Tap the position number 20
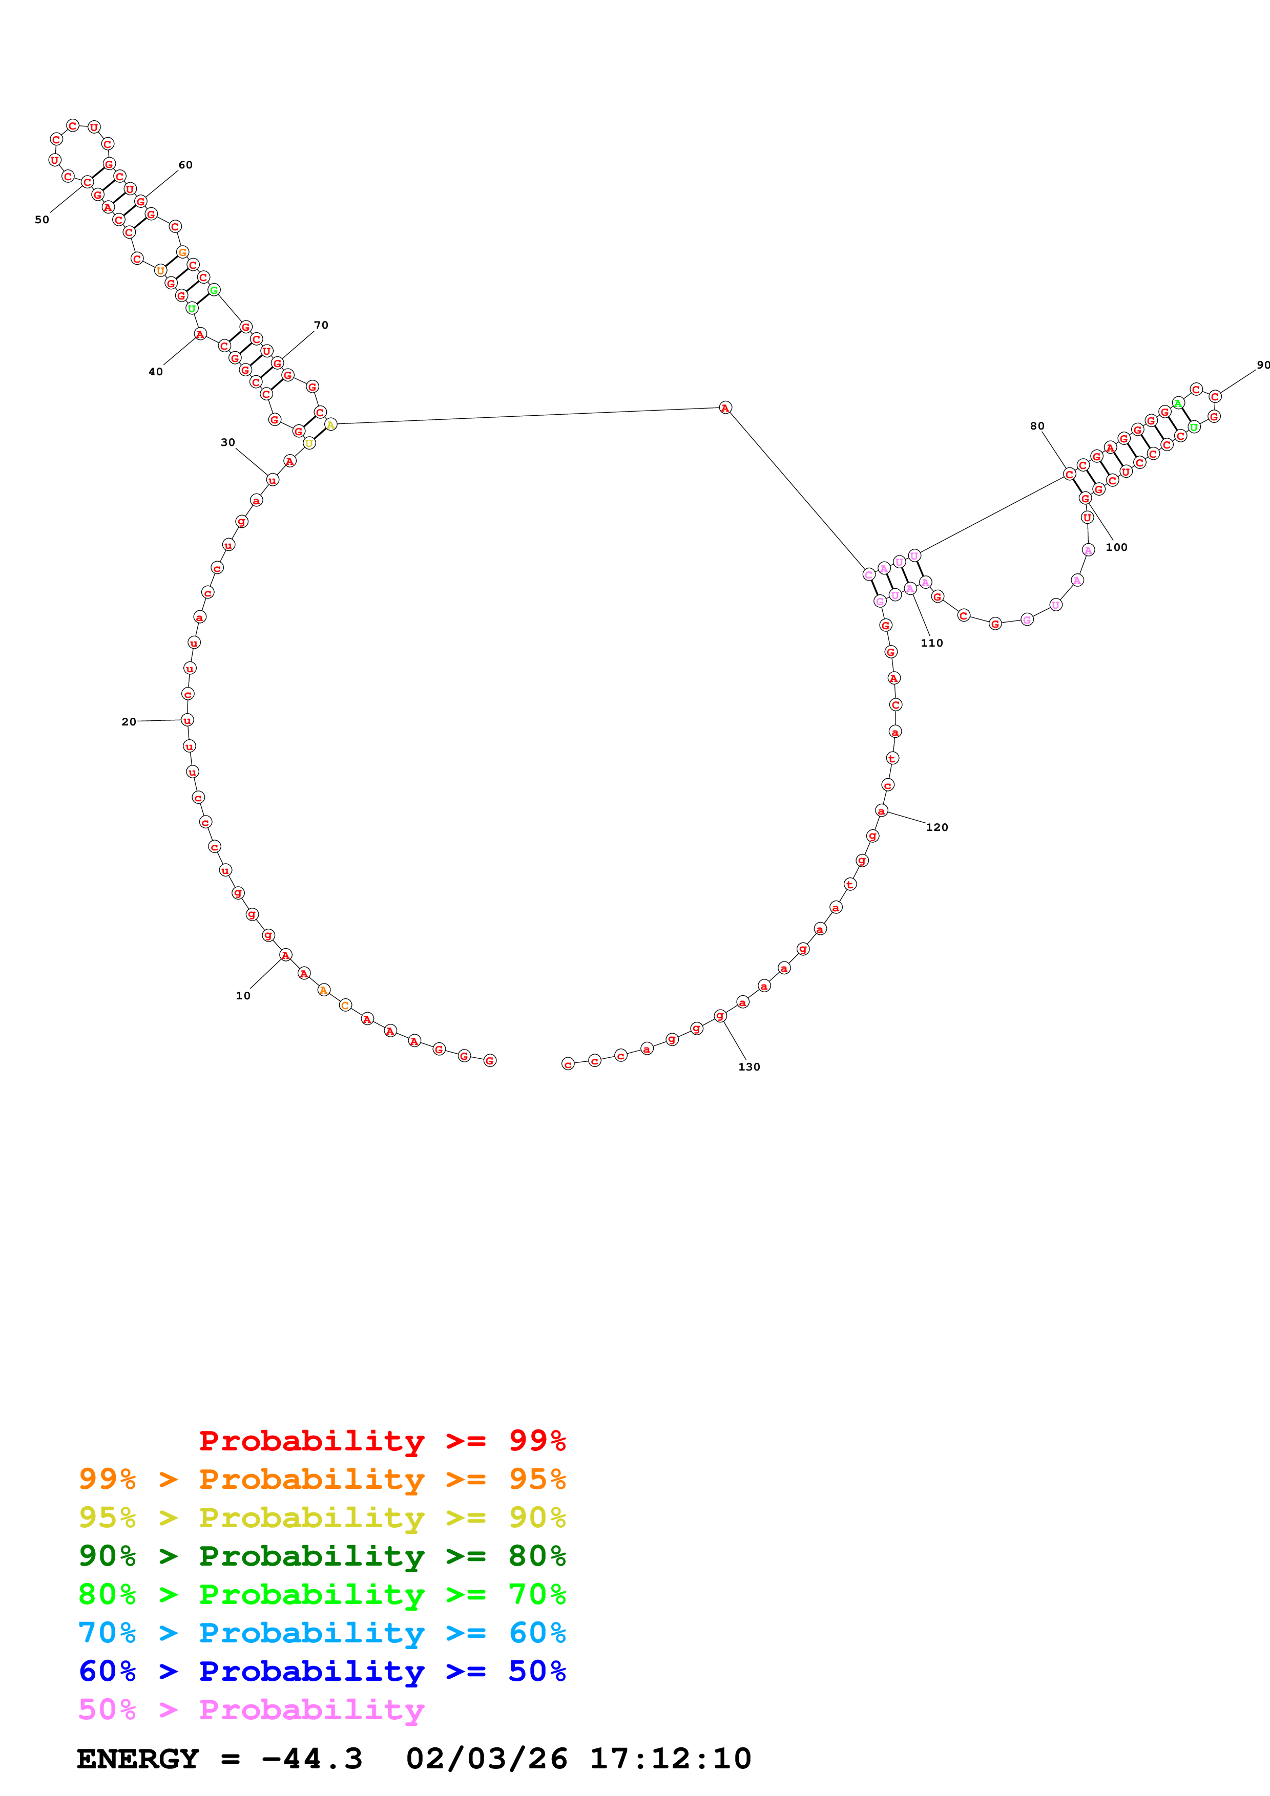(128, 722)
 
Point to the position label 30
(227, 443)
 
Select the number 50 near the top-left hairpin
(41, 220)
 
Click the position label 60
(185, 165)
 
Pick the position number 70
(321, 326)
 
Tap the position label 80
(1037, 426)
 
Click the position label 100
(1117, 548)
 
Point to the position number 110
(932, 643)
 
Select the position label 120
(936, 827)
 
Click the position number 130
(749, 1067)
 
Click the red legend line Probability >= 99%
(382, 1441)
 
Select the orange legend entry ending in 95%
(322, 1479)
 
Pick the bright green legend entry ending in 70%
(322, 1594)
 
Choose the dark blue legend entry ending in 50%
(322, 1671)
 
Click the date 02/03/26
(486, 1759)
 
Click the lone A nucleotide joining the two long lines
(725, 408)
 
